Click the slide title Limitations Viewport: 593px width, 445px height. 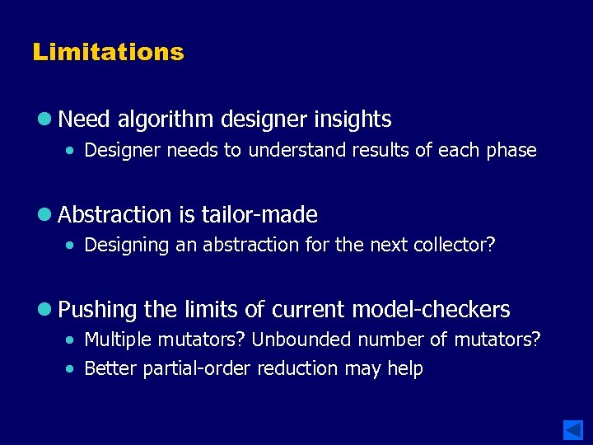click(108, 52)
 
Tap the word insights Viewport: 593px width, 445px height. click(353, 119)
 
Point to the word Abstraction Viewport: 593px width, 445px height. click(115, 215)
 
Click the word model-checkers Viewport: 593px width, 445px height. click(431, 310)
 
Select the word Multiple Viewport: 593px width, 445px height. click(115, 340)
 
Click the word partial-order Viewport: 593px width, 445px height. click(198, 369)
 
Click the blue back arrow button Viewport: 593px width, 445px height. click(573, 429)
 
